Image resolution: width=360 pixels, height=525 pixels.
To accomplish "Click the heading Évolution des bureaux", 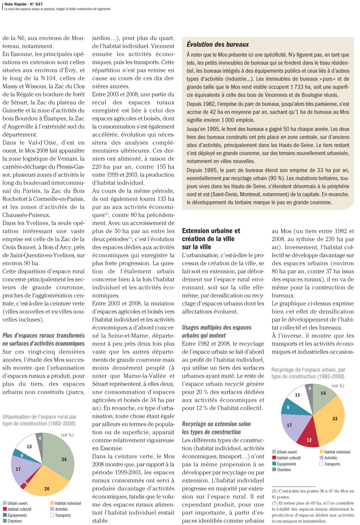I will coord(218,44).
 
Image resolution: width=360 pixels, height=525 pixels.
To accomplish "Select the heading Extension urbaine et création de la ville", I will coord(211,235).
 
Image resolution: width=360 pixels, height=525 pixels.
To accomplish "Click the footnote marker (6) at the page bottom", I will coord(275,491).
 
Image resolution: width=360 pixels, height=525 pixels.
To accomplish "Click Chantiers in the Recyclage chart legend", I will coord(284,470).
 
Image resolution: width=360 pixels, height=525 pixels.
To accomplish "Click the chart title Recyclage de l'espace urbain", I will coord(308,373).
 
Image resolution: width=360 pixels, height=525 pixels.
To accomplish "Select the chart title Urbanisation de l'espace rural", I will coord(39,420).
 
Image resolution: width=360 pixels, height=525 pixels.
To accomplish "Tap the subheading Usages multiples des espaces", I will coord(217,327).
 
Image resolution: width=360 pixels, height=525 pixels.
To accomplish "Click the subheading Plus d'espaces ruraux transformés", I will coord(43,336).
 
